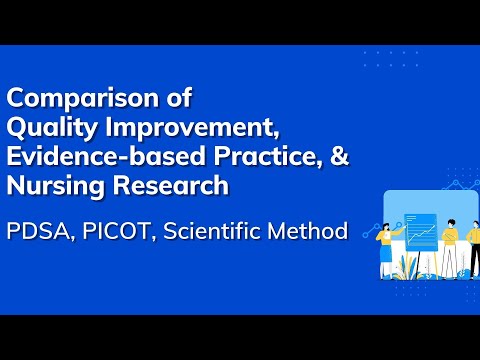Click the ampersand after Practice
point(338,157)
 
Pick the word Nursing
point(52,186)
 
